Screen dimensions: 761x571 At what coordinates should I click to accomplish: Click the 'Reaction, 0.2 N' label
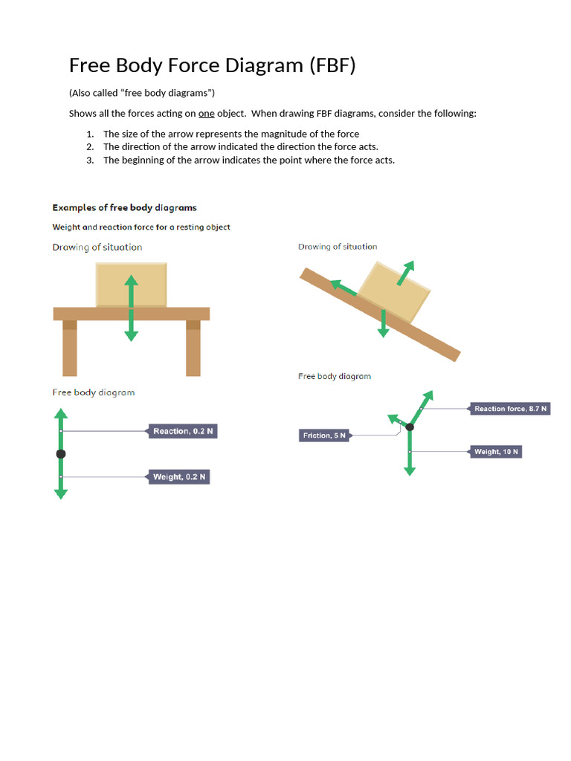(183, 431)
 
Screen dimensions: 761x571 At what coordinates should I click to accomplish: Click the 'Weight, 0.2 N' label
(179, 476)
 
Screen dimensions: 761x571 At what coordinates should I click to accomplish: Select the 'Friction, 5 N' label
(324, 435)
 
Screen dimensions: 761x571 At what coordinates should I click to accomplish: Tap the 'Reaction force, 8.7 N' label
(510, 409)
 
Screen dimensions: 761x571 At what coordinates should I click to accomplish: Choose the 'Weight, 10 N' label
(496, 452)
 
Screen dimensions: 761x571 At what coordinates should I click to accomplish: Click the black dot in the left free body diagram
(61, 453)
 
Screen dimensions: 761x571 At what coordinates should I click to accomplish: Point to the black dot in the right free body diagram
(410, 427)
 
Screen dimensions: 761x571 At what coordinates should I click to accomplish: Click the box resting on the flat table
(131, 284)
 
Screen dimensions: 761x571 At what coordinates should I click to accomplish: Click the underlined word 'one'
(206, 114)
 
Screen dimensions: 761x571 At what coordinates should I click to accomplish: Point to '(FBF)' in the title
(332, 65)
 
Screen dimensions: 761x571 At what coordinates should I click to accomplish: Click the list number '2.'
(90, 146)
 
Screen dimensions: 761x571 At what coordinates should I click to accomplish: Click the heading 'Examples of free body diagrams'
(124, 208)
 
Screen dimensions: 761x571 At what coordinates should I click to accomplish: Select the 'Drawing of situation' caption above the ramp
(338, 247)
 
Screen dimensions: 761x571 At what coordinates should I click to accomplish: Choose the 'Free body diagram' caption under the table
(93, 392)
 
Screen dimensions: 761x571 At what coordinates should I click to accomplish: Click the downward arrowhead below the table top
(131, 335)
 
